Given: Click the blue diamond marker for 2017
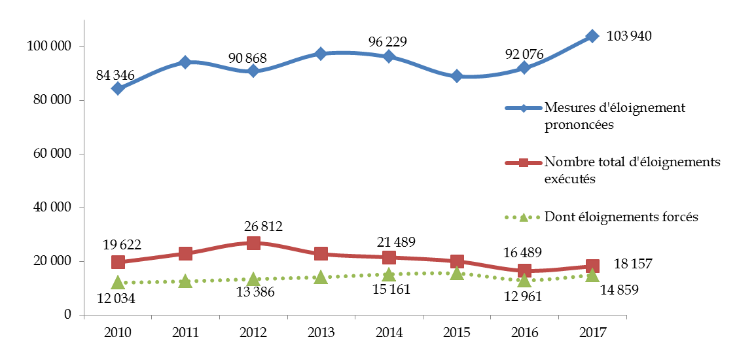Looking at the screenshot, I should (x=592, y=36).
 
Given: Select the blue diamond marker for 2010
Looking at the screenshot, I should (x=118, y=88).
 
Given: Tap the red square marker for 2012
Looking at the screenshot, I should (x=253, y=243).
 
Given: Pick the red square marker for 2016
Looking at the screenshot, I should (x=524, y=270).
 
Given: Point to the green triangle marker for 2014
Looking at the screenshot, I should (x=389, y=274).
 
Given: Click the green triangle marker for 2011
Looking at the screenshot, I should (x=185, y=281).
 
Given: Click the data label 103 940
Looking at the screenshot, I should (x=629, y=36).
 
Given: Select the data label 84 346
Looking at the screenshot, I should (x=115, y=75).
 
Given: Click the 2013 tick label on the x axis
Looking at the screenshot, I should (x=321, y=333).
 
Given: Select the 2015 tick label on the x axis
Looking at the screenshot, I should (x=457, y=333).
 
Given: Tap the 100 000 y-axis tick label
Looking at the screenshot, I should (x=47, y=47).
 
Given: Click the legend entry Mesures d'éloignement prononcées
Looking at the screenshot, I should (x=615, y=116).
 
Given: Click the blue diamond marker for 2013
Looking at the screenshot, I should (x=321, y=54).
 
